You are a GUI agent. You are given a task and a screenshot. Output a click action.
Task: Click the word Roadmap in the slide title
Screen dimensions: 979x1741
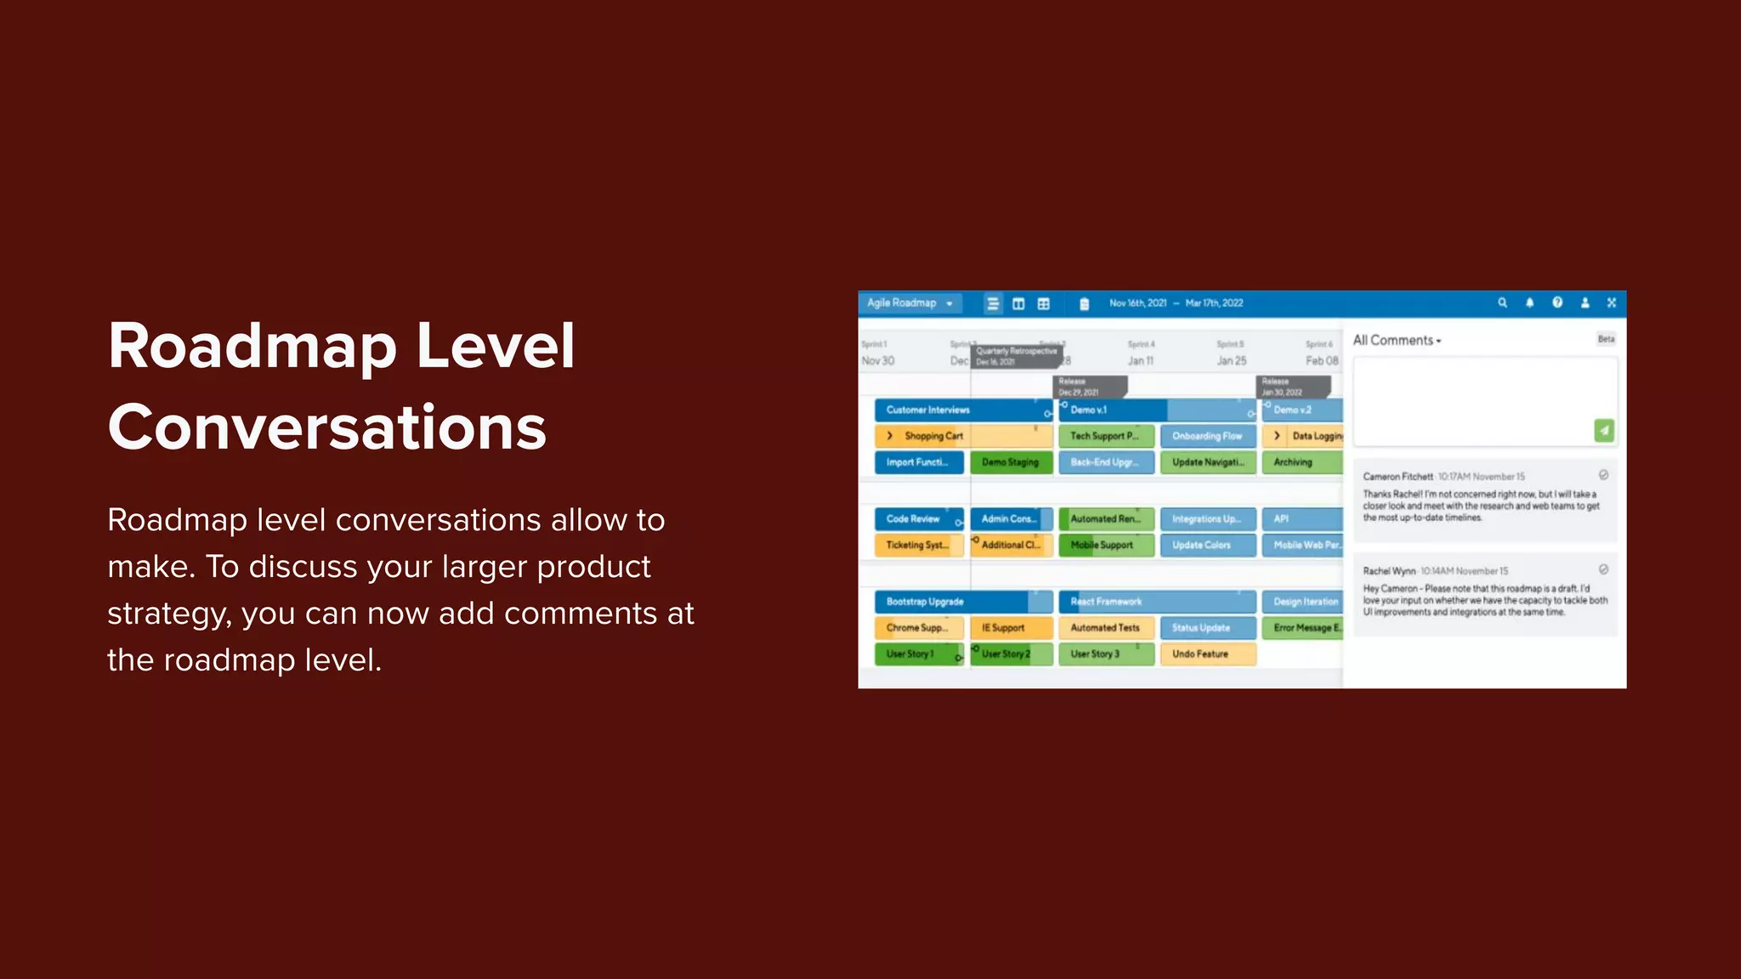click(x=252, y=347)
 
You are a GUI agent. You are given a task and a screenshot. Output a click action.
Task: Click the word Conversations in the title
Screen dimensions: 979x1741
click(x=326, y=427)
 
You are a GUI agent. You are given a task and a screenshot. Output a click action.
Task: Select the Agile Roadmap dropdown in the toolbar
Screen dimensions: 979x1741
click(x=910, y=303)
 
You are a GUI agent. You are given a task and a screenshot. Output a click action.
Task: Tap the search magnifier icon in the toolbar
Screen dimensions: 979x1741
click(x=1502, y=303)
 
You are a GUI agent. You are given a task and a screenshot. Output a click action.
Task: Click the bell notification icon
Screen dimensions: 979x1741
click(x=1529, y=303)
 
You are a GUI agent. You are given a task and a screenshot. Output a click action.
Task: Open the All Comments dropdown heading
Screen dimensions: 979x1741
click(x=1397, y=341)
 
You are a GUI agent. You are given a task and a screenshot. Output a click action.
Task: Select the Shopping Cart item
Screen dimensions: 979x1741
click(x=933, y=437)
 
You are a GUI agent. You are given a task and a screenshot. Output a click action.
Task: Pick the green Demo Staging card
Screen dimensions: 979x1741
click(x=1011, y=462)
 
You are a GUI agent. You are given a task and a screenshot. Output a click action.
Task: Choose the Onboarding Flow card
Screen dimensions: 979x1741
click(x=1207, y=437)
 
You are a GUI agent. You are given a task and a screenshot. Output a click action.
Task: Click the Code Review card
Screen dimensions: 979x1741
click(x=914, y=519)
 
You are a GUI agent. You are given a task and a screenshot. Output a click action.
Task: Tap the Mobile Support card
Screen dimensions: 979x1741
click(x=1103, y=546)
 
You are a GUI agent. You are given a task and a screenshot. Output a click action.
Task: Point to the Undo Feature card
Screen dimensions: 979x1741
click(x=1199, y=654)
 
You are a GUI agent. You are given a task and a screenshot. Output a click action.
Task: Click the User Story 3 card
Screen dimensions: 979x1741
click(x=1096, y=654)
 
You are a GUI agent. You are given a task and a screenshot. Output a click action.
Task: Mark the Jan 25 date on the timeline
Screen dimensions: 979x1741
click(x=1231, y=361)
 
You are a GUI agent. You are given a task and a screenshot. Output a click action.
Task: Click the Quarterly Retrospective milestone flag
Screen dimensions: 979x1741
click(x=1016, y=356)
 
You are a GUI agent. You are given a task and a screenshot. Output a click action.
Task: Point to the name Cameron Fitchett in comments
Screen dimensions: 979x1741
click(x=1398, y=477)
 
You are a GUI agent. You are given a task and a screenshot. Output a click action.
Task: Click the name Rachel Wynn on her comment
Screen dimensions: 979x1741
click(x=1389, y=571)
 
